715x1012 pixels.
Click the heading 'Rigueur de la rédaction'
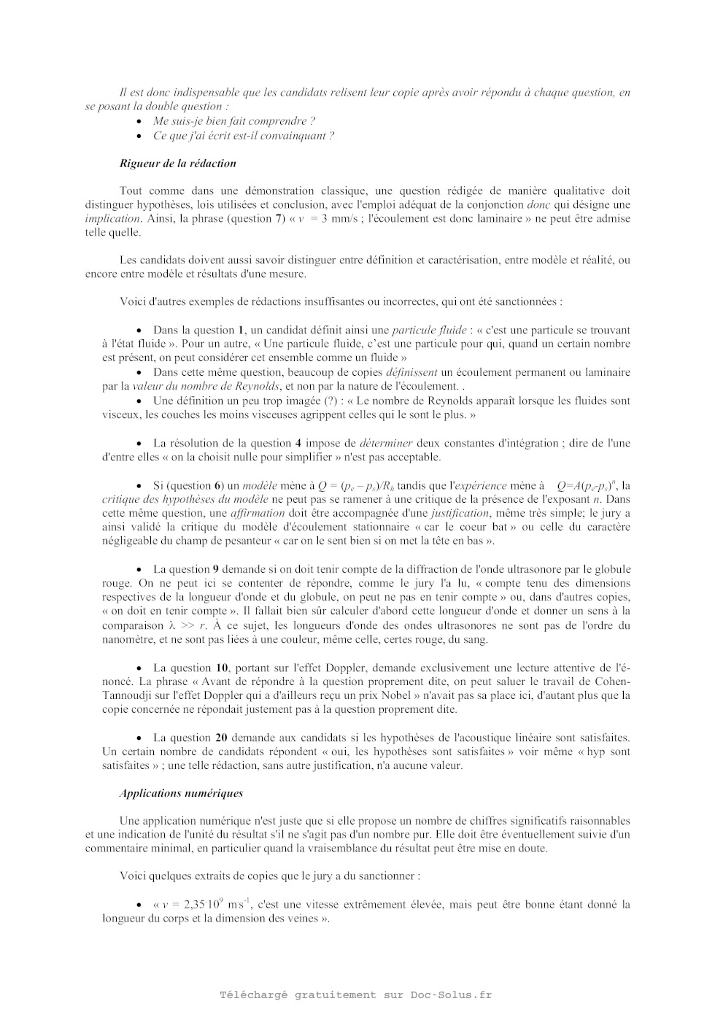pos(177,163)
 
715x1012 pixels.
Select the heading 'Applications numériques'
pos(181,793)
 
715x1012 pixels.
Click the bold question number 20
pos(223,738)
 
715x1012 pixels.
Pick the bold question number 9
pos(215,569)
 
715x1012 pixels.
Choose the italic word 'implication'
pos(112,219)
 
